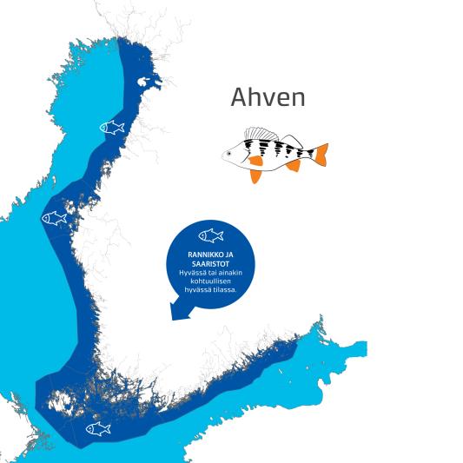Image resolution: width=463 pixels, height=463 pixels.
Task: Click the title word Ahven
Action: (268, 97)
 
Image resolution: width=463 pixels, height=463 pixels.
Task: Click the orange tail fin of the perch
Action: (321, 154)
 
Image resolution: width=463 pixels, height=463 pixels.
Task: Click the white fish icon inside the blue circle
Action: (210, 235)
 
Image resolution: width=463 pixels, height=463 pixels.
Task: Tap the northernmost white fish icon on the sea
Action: (112, 128)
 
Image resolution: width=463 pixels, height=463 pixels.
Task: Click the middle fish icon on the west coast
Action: (55, 218)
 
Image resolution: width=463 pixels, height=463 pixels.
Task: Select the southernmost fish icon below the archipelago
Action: (98, 428)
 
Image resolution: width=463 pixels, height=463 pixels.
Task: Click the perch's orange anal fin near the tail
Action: (294, 165)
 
